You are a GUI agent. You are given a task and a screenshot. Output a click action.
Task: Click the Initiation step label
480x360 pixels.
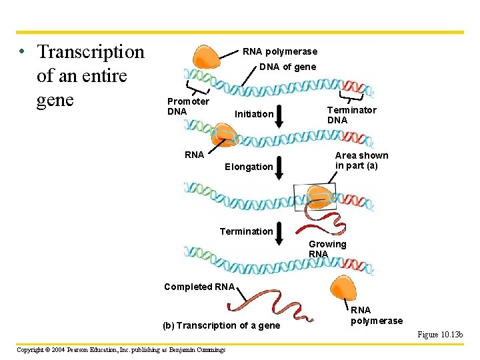coord(254,114)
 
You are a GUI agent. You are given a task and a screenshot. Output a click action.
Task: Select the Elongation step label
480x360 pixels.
coord(249,167)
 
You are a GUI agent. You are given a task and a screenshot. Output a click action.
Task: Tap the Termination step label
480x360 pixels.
coord(246,231)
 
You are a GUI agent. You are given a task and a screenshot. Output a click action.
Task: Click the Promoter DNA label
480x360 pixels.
coord(187,107)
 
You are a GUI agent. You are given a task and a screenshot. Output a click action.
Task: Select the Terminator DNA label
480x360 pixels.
coord(351,115)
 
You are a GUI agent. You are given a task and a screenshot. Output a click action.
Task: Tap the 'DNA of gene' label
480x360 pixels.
coord(287,67)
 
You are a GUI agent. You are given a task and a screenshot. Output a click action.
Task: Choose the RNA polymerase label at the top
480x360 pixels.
coord(280,51)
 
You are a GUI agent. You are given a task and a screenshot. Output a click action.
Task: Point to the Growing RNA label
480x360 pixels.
coord(327,249)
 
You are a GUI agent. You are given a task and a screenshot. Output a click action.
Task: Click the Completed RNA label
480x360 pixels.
coord(199,287)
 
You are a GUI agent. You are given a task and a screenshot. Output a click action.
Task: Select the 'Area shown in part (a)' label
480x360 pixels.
coord(361,160)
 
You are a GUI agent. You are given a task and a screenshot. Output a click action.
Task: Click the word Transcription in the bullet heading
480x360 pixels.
coord(91,51)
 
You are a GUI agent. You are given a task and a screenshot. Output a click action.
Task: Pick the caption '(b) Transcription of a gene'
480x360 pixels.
coord(221,325)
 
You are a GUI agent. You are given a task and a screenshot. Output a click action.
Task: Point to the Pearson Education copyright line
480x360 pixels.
coord(121,349)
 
